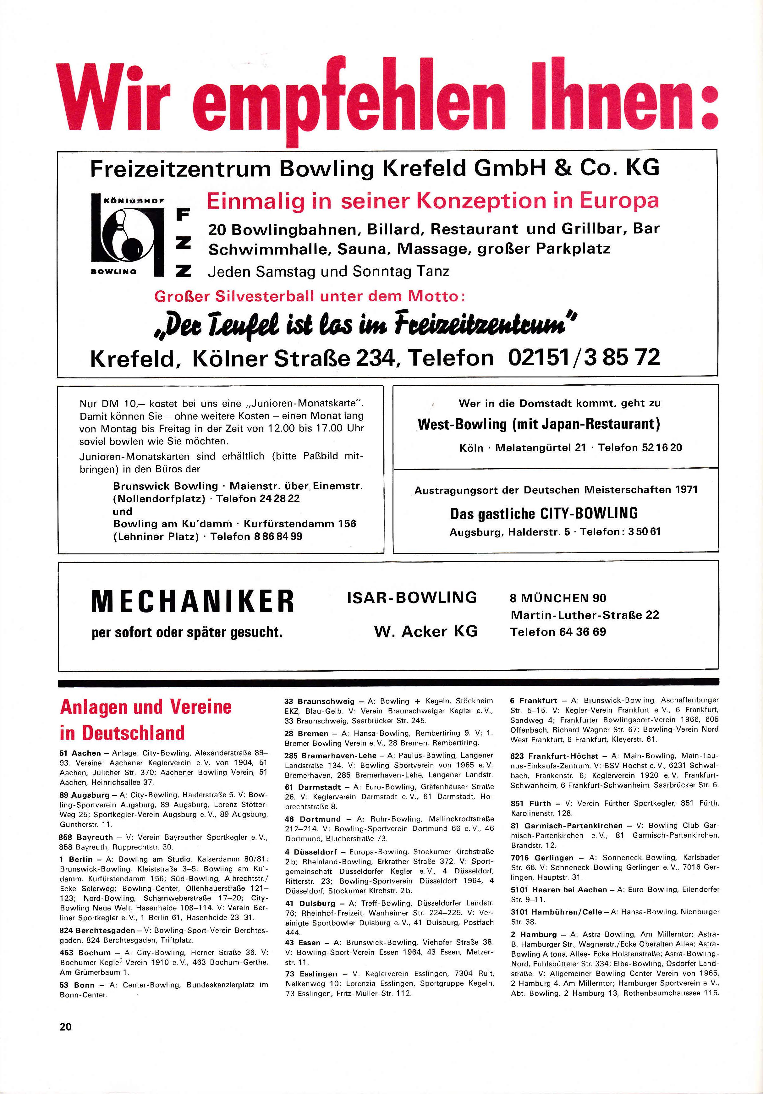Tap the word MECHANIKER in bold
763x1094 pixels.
pyautogui.click(x=193, y=601)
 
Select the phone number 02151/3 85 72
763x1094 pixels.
pyautogui.click(x=584, y=357)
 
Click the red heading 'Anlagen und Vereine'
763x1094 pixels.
pyautogui.click(x=145, y=706)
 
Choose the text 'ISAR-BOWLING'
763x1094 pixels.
pyautogui.click(x=412, y=597)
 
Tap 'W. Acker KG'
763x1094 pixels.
pyautogui.click(x=425, y=631)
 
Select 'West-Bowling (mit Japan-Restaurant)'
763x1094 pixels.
pyautogui.click(x=539, y=424)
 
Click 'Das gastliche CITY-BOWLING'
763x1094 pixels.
pyautogui.click(x=543, y=513)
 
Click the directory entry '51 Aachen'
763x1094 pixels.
pyautogui.click(x=81, y=753)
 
